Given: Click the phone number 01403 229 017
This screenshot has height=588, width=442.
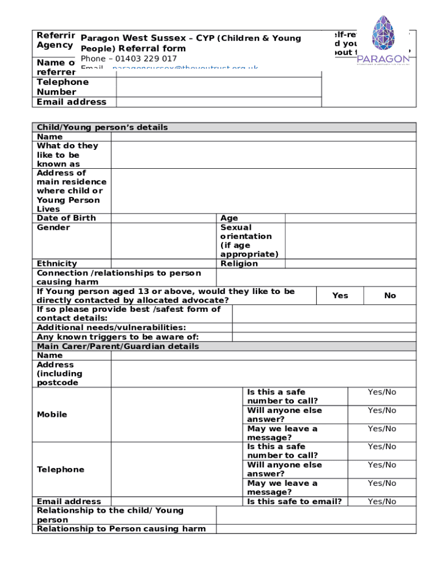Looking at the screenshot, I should pyautogui.click(x=146, y=59).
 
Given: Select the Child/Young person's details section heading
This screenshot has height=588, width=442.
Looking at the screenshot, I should pyautogui.click(x=102, y=127).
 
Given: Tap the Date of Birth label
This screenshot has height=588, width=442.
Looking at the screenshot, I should pyautogui.click(x=66, y=218).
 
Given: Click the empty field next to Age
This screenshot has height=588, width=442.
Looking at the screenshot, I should pyautogui.click(x=350, y=218).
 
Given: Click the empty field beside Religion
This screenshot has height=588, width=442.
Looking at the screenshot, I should pyautogui.click(x=350, y=264).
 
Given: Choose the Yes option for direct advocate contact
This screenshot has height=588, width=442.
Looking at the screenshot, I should pyautogui.click(x=340, y=296).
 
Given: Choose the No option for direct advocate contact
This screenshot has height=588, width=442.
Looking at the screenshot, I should pyautogui.click(x=390, y=296).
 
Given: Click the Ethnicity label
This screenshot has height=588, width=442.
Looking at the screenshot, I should pyautogui.click(x=57, y=264).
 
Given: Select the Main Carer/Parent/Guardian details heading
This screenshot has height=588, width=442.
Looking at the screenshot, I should pyautogui.click(x=118, y=346).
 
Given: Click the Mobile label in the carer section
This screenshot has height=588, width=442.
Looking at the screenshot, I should pyautogui.click(x=52, y=415).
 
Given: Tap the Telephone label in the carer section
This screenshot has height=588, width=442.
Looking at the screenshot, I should pyautogui.click(x=60, y=470).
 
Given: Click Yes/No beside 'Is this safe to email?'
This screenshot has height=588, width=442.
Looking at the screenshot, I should pyautogui.click(x=382, y=501).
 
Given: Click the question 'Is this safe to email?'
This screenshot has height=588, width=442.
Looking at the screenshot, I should pyautogui.click(x=294, y=501).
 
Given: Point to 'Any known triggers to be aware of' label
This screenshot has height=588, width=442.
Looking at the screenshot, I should pyautogui.click(x=118, y=337).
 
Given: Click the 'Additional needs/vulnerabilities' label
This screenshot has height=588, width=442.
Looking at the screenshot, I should pyautogui.click(x=111, y=327).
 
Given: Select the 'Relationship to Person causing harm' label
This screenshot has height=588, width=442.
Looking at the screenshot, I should pyautogui.click(x=121, y=529).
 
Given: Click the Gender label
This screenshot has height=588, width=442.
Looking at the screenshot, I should pyautogui.click(x=53, y=227).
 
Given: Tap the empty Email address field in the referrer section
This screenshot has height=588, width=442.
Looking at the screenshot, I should pyautogui.click(x=218, y=102).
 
